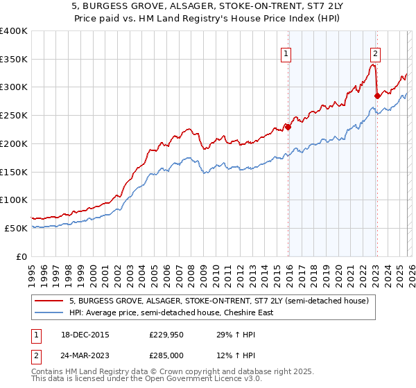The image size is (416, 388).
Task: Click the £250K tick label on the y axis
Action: tap(14, 116)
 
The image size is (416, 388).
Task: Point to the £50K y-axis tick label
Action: tap(16, 228)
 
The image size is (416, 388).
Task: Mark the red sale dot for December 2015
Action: tap(288, 127)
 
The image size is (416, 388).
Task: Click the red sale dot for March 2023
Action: tap(377, 96)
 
